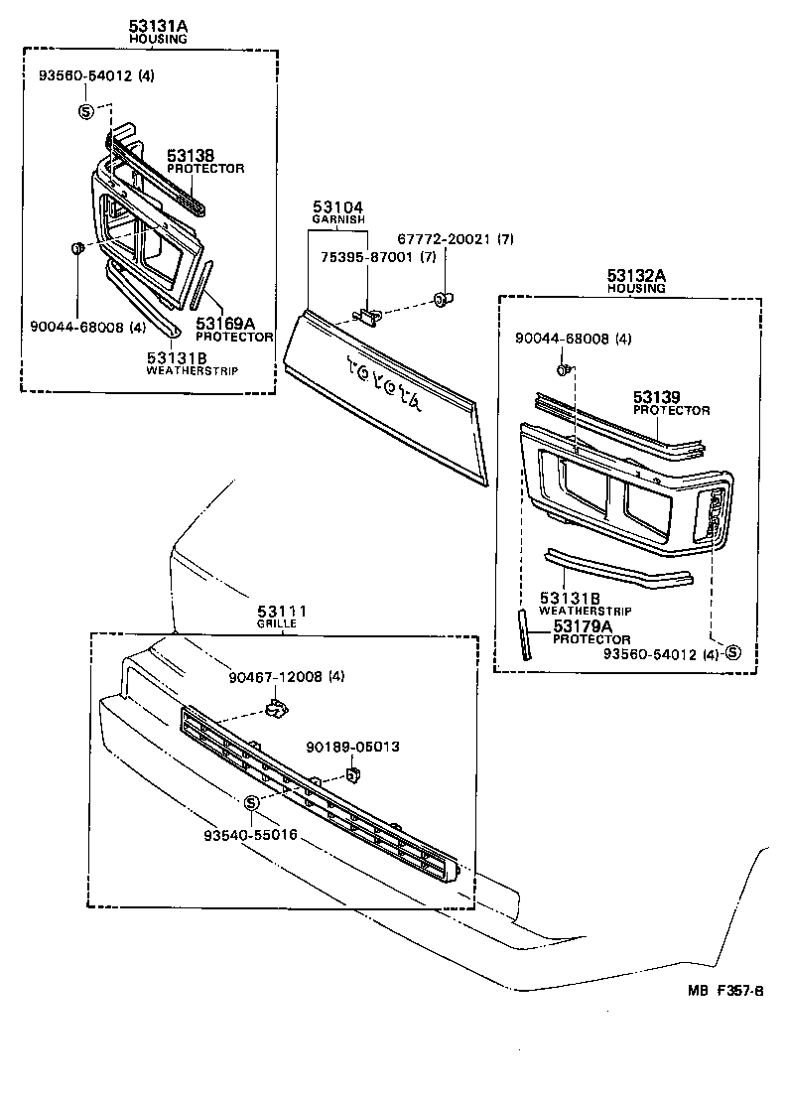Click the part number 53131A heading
tap(158, 25)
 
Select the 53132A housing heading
tap(636, 275)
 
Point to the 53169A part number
tap(225, 324)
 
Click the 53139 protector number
tap(659, 397)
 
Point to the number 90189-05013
tap(353, 746)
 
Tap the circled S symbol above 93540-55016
tap(251, 802)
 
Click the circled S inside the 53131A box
tap(86, 110)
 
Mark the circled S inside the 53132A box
tap(732, 652)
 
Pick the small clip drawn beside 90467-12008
tap(275, 708)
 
